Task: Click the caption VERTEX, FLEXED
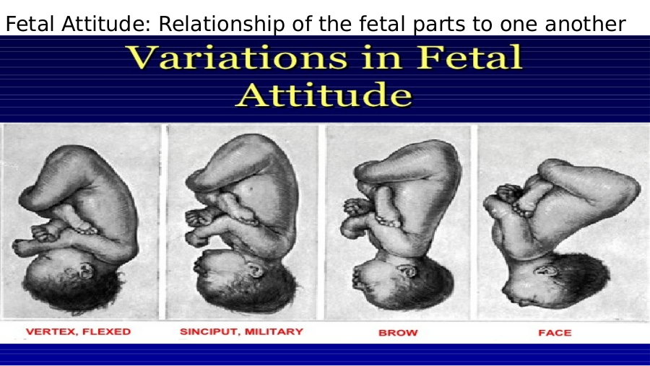click(x=78, y=331)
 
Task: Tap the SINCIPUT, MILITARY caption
click(x=241, y=331)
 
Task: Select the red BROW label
click(x=398, y=333)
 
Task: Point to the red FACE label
click(x=555, y=333)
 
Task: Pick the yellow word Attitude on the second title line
click(x=324, y=95)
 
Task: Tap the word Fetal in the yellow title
click(x=469, y=56)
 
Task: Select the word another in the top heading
click(x=585, y=24)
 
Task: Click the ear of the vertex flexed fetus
click(x=86, y=271)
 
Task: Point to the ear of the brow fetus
click(x=408, y=270)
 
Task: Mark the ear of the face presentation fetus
click(x=545, y=271)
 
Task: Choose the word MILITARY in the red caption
click(x=274, y=331)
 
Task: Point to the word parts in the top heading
click(x=439, y=25)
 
